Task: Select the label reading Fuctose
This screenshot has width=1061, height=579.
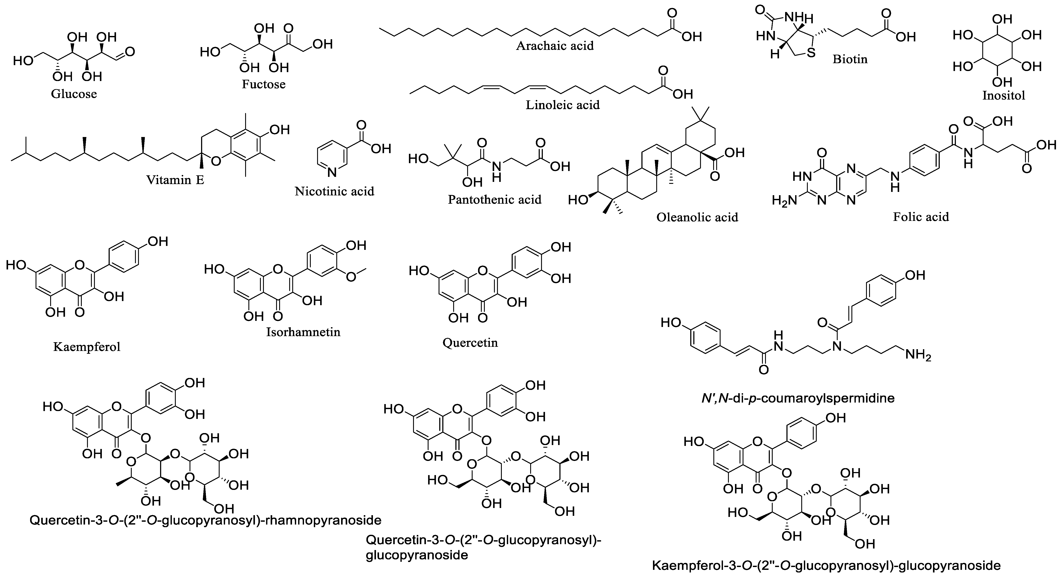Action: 264,84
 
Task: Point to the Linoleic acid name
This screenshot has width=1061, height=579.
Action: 563,105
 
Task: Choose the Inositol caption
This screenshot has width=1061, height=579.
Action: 1004,95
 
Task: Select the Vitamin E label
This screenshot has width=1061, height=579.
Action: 175,180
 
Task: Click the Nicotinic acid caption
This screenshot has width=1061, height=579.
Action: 335,191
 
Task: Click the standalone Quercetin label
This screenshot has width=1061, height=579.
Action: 470,342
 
